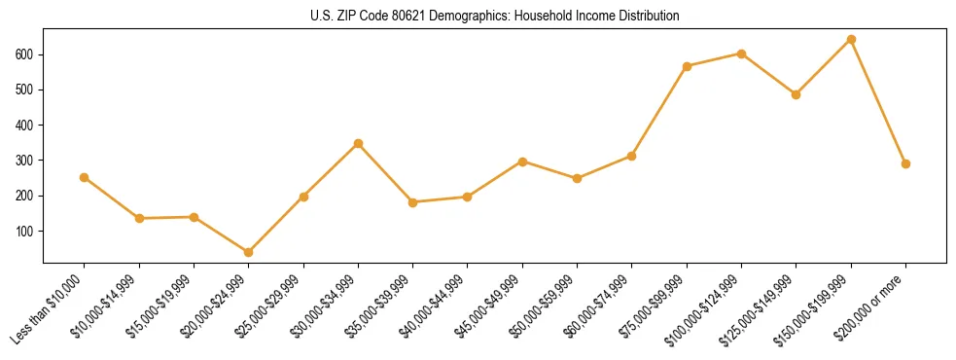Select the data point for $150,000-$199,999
coord(852,40)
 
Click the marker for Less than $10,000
coord(85,177)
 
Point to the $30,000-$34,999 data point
coord(359,143)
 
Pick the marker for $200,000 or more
coord(906,163)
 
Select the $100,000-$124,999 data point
coord(742,54)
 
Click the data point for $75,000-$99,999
coord(688,66)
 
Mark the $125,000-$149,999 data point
coord(797,94)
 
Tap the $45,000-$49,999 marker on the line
coord(523,162)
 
